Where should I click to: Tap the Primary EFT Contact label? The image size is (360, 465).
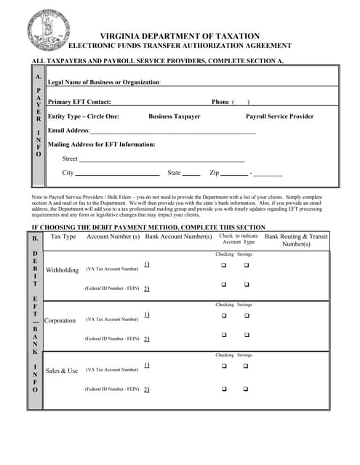(79, 102)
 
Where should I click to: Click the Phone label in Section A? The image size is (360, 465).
(220, 102)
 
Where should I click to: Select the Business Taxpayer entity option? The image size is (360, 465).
(175, 116)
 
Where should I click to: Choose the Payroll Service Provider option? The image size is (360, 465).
(280, 116)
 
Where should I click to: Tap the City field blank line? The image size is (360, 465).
(117, 174)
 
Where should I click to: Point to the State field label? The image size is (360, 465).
(174, 173)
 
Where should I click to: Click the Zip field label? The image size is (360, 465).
(214, 173)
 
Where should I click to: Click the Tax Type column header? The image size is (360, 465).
(63, 237)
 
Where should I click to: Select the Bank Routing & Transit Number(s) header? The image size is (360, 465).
(296, 240)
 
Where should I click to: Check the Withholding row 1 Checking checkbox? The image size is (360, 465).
(224, 265)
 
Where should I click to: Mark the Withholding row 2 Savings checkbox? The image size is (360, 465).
(246, 285)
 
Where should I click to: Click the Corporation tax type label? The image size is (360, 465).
(60, 320)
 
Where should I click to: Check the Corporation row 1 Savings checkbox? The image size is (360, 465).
(246, 315)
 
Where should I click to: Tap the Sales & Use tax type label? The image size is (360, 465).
(62, 371)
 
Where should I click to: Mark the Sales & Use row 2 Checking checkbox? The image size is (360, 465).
(224, 389)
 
